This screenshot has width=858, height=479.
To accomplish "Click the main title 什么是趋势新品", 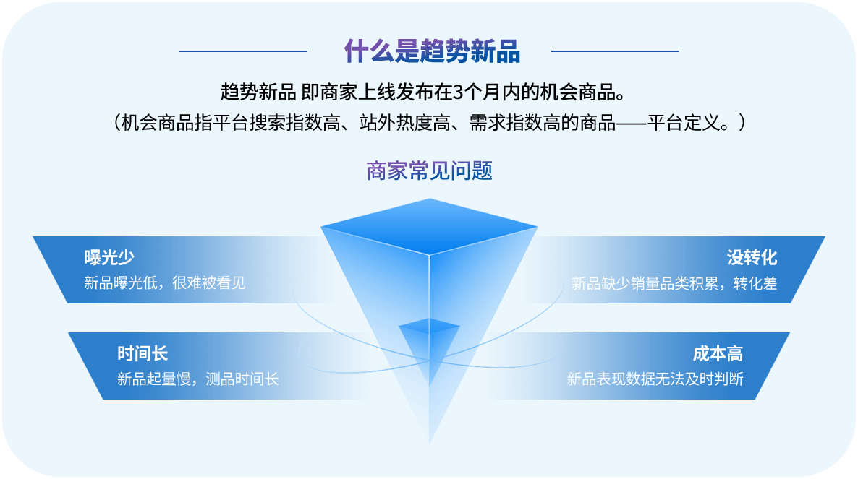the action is pyautogui.click(x=432, y=51).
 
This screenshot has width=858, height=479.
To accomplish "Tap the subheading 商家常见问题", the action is pyautogui.click(x=430, y=171).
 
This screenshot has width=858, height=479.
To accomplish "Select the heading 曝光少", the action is pyautogui.click(x=109, y=256).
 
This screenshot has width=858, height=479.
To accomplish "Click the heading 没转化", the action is pyautogui.click(x=752, y=257).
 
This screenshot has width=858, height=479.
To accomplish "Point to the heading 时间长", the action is pyautogui.click(x=143, y=353).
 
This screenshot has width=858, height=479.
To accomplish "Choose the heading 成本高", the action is pyautogui.click(x=718, y=353).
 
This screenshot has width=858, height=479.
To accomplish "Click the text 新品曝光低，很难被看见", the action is pyautogui.click(x=165, y=283).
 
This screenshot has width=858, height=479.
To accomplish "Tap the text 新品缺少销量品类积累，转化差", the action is pyautogui.click(x=674, y=283).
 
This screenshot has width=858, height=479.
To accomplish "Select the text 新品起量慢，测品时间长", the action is pyautogui.click(x=198, y=379).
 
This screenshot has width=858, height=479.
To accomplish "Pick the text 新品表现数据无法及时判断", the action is pyautogui.click(x=655, y=379).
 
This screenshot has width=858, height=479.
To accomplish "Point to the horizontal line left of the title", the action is pyautogui.click(x=244, y=51).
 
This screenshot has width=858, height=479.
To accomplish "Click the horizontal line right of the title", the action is pyautogui.click(x=615, y=51).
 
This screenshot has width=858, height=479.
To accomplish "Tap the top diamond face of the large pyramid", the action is pyautogui.click(x=430, y=226).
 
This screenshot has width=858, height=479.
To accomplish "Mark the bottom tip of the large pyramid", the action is pyautogui.click(x=430, y=444).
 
